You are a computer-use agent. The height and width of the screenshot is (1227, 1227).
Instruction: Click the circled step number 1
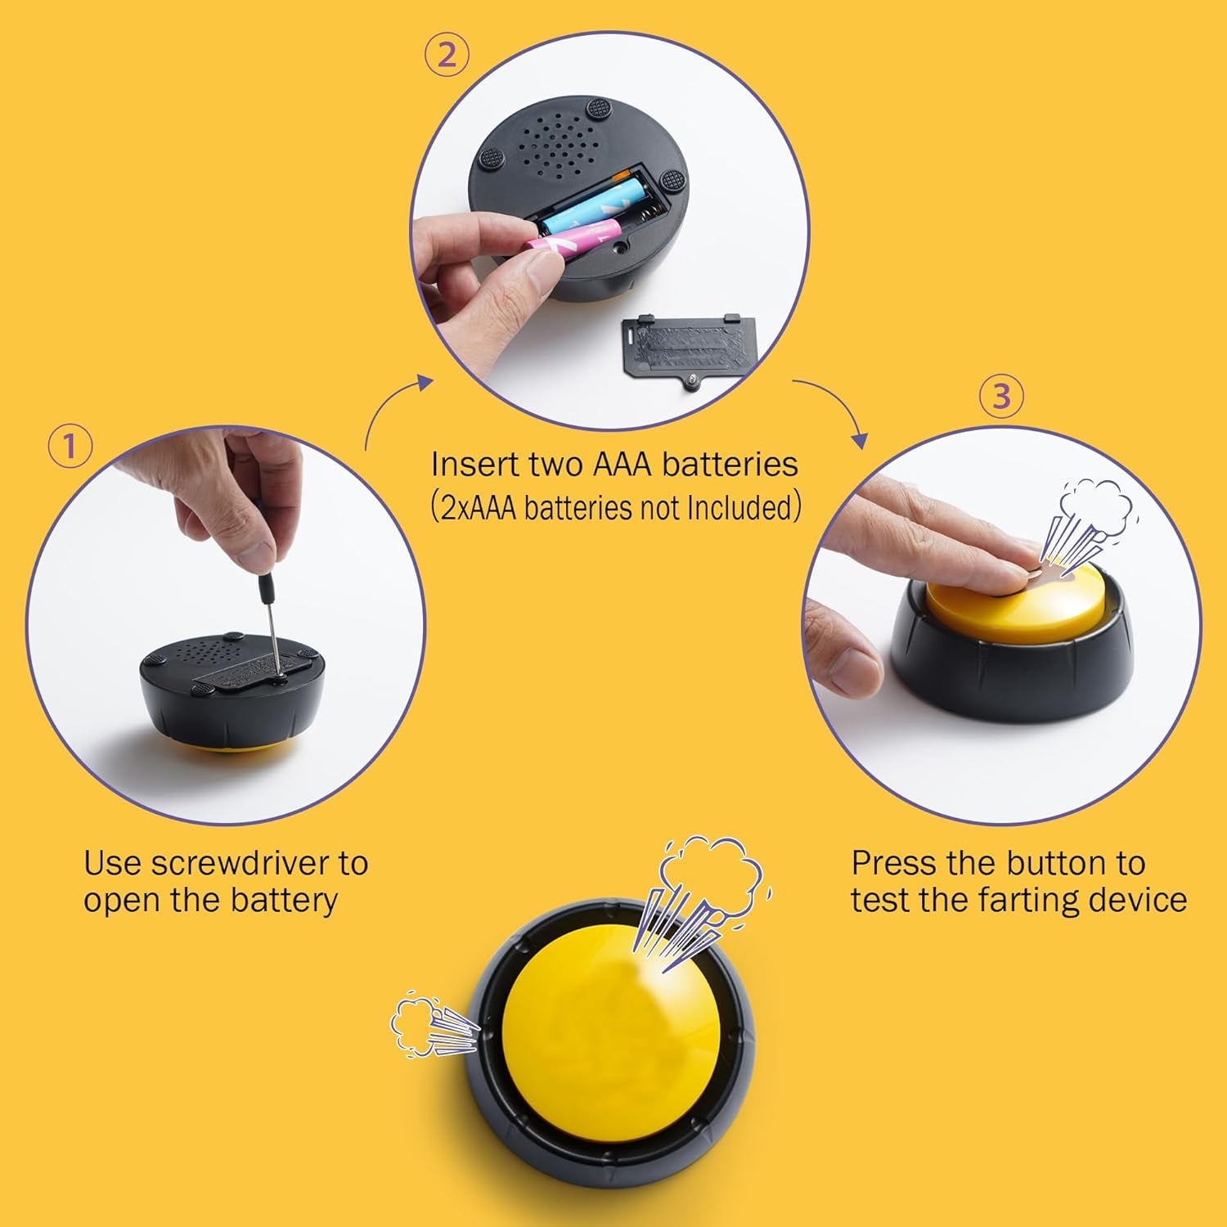click(70, 447)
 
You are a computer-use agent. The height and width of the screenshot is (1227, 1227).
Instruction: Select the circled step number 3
click(1001, 396)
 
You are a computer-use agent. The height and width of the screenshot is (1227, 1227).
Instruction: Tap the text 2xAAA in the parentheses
click(479, 507)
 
